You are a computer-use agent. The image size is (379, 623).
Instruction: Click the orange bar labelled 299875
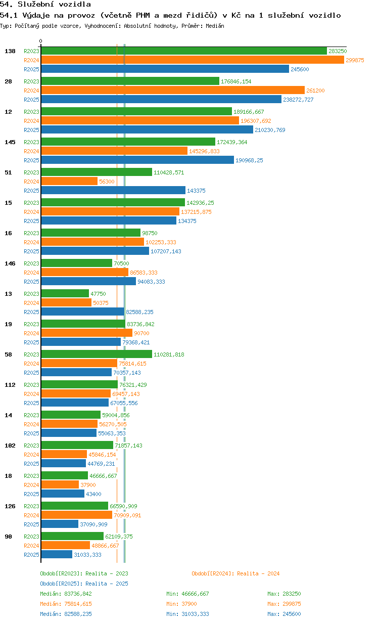193,60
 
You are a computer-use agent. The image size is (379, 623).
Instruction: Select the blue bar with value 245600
165,69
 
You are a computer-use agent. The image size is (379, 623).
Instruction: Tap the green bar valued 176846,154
130,81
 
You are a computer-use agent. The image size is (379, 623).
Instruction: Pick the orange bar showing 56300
69,181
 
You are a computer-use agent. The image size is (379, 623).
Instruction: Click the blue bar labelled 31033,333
57,554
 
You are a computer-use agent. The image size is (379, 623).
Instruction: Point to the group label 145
10,142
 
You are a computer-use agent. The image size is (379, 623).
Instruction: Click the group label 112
10,385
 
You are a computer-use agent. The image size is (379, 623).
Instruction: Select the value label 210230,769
270,130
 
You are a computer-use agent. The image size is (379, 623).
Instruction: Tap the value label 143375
196,191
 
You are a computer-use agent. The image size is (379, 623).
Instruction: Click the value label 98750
150,233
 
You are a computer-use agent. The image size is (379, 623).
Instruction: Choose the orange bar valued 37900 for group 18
60,484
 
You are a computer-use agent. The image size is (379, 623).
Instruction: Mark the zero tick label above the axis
40,41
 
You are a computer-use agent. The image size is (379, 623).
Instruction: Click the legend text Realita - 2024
258,573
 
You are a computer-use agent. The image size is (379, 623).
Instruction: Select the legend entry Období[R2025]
62,584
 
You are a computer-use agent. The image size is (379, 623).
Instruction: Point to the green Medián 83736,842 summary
66,594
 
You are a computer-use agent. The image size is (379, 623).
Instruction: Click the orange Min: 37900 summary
181,604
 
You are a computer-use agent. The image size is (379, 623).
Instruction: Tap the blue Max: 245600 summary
284,614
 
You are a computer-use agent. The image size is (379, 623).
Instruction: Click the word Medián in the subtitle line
215,26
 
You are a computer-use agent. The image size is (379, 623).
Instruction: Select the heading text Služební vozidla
54,4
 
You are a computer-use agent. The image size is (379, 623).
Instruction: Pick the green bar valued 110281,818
97,354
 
